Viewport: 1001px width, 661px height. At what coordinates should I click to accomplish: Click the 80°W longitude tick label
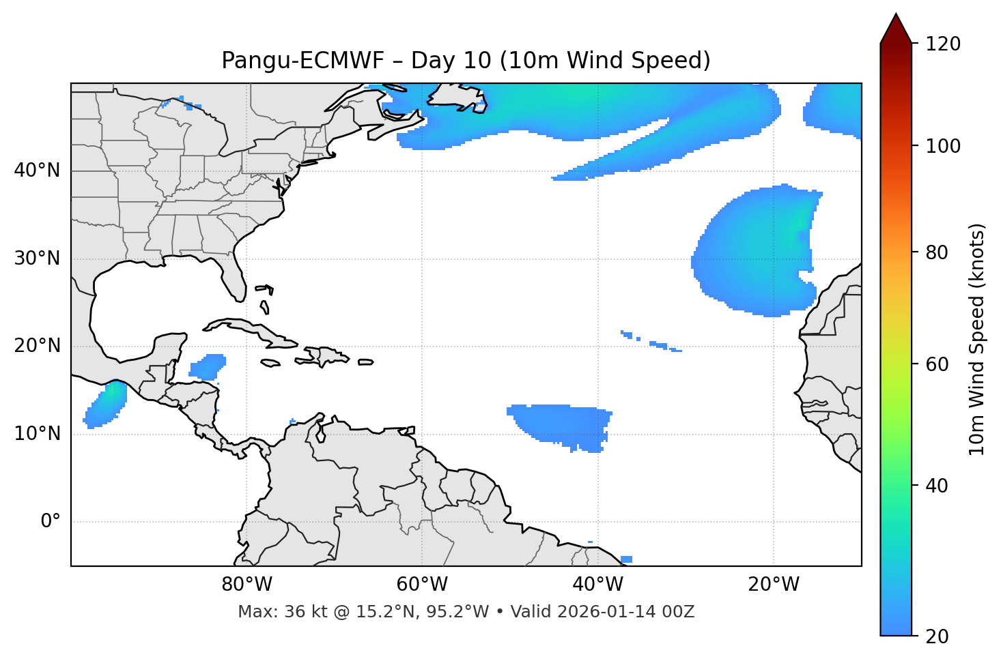(246, 585)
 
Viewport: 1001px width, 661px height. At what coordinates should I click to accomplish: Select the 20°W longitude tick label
(773, 585)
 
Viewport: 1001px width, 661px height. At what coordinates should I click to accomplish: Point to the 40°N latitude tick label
(37, 171)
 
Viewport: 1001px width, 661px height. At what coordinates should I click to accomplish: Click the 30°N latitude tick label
(37, 259)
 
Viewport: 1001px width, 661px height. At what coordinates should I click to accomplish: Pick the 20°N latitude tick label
(37, 346)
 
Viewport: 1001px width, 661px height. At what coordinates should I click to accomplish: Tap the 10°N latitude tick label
(37, 434)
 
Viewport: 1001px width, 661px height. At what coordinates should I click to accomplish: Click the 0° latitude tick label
(51, 522)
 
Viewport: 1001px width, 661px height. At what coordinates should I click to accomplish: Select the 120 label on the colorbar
(943, 44)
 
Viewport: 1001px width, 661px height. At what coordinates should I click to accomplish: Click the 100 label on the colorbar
(943, 146)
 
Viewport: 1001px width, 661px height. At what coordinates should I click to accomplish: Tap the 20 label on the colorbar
(937, 636)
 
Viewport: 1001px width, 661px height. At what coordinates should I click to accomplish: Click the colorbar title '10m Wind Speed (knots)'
(977, 339)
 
